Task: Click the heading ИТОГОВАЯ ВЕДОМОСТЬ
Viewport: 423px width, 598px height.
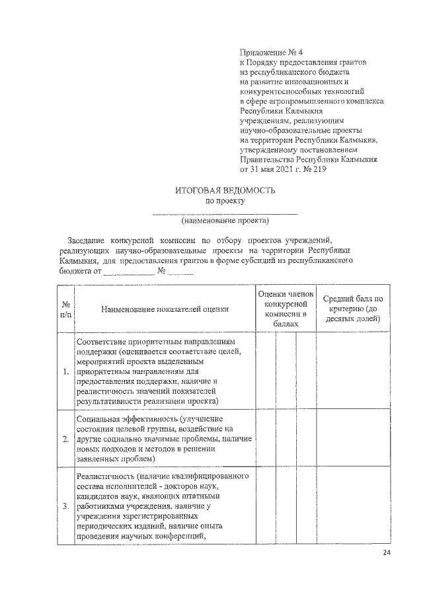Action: pos(225,190)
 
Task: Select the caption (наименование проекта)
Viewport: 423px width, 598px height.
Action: pos(225,221)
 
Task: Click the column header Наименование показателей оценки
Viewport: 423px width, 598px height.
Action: pos(165,308)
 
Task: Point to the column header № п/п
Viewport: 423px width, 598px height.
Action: pos(66,308)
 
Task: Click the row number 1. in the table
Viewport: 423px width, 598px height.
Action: pos(66,371)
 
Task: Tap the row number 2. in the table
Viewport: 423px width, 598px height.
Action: pos(66,438)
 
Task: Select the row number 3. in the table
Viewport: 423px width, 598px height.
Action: pos(66,507)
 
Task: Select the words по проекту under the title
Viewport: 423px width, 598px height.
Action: pos(225,200)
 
